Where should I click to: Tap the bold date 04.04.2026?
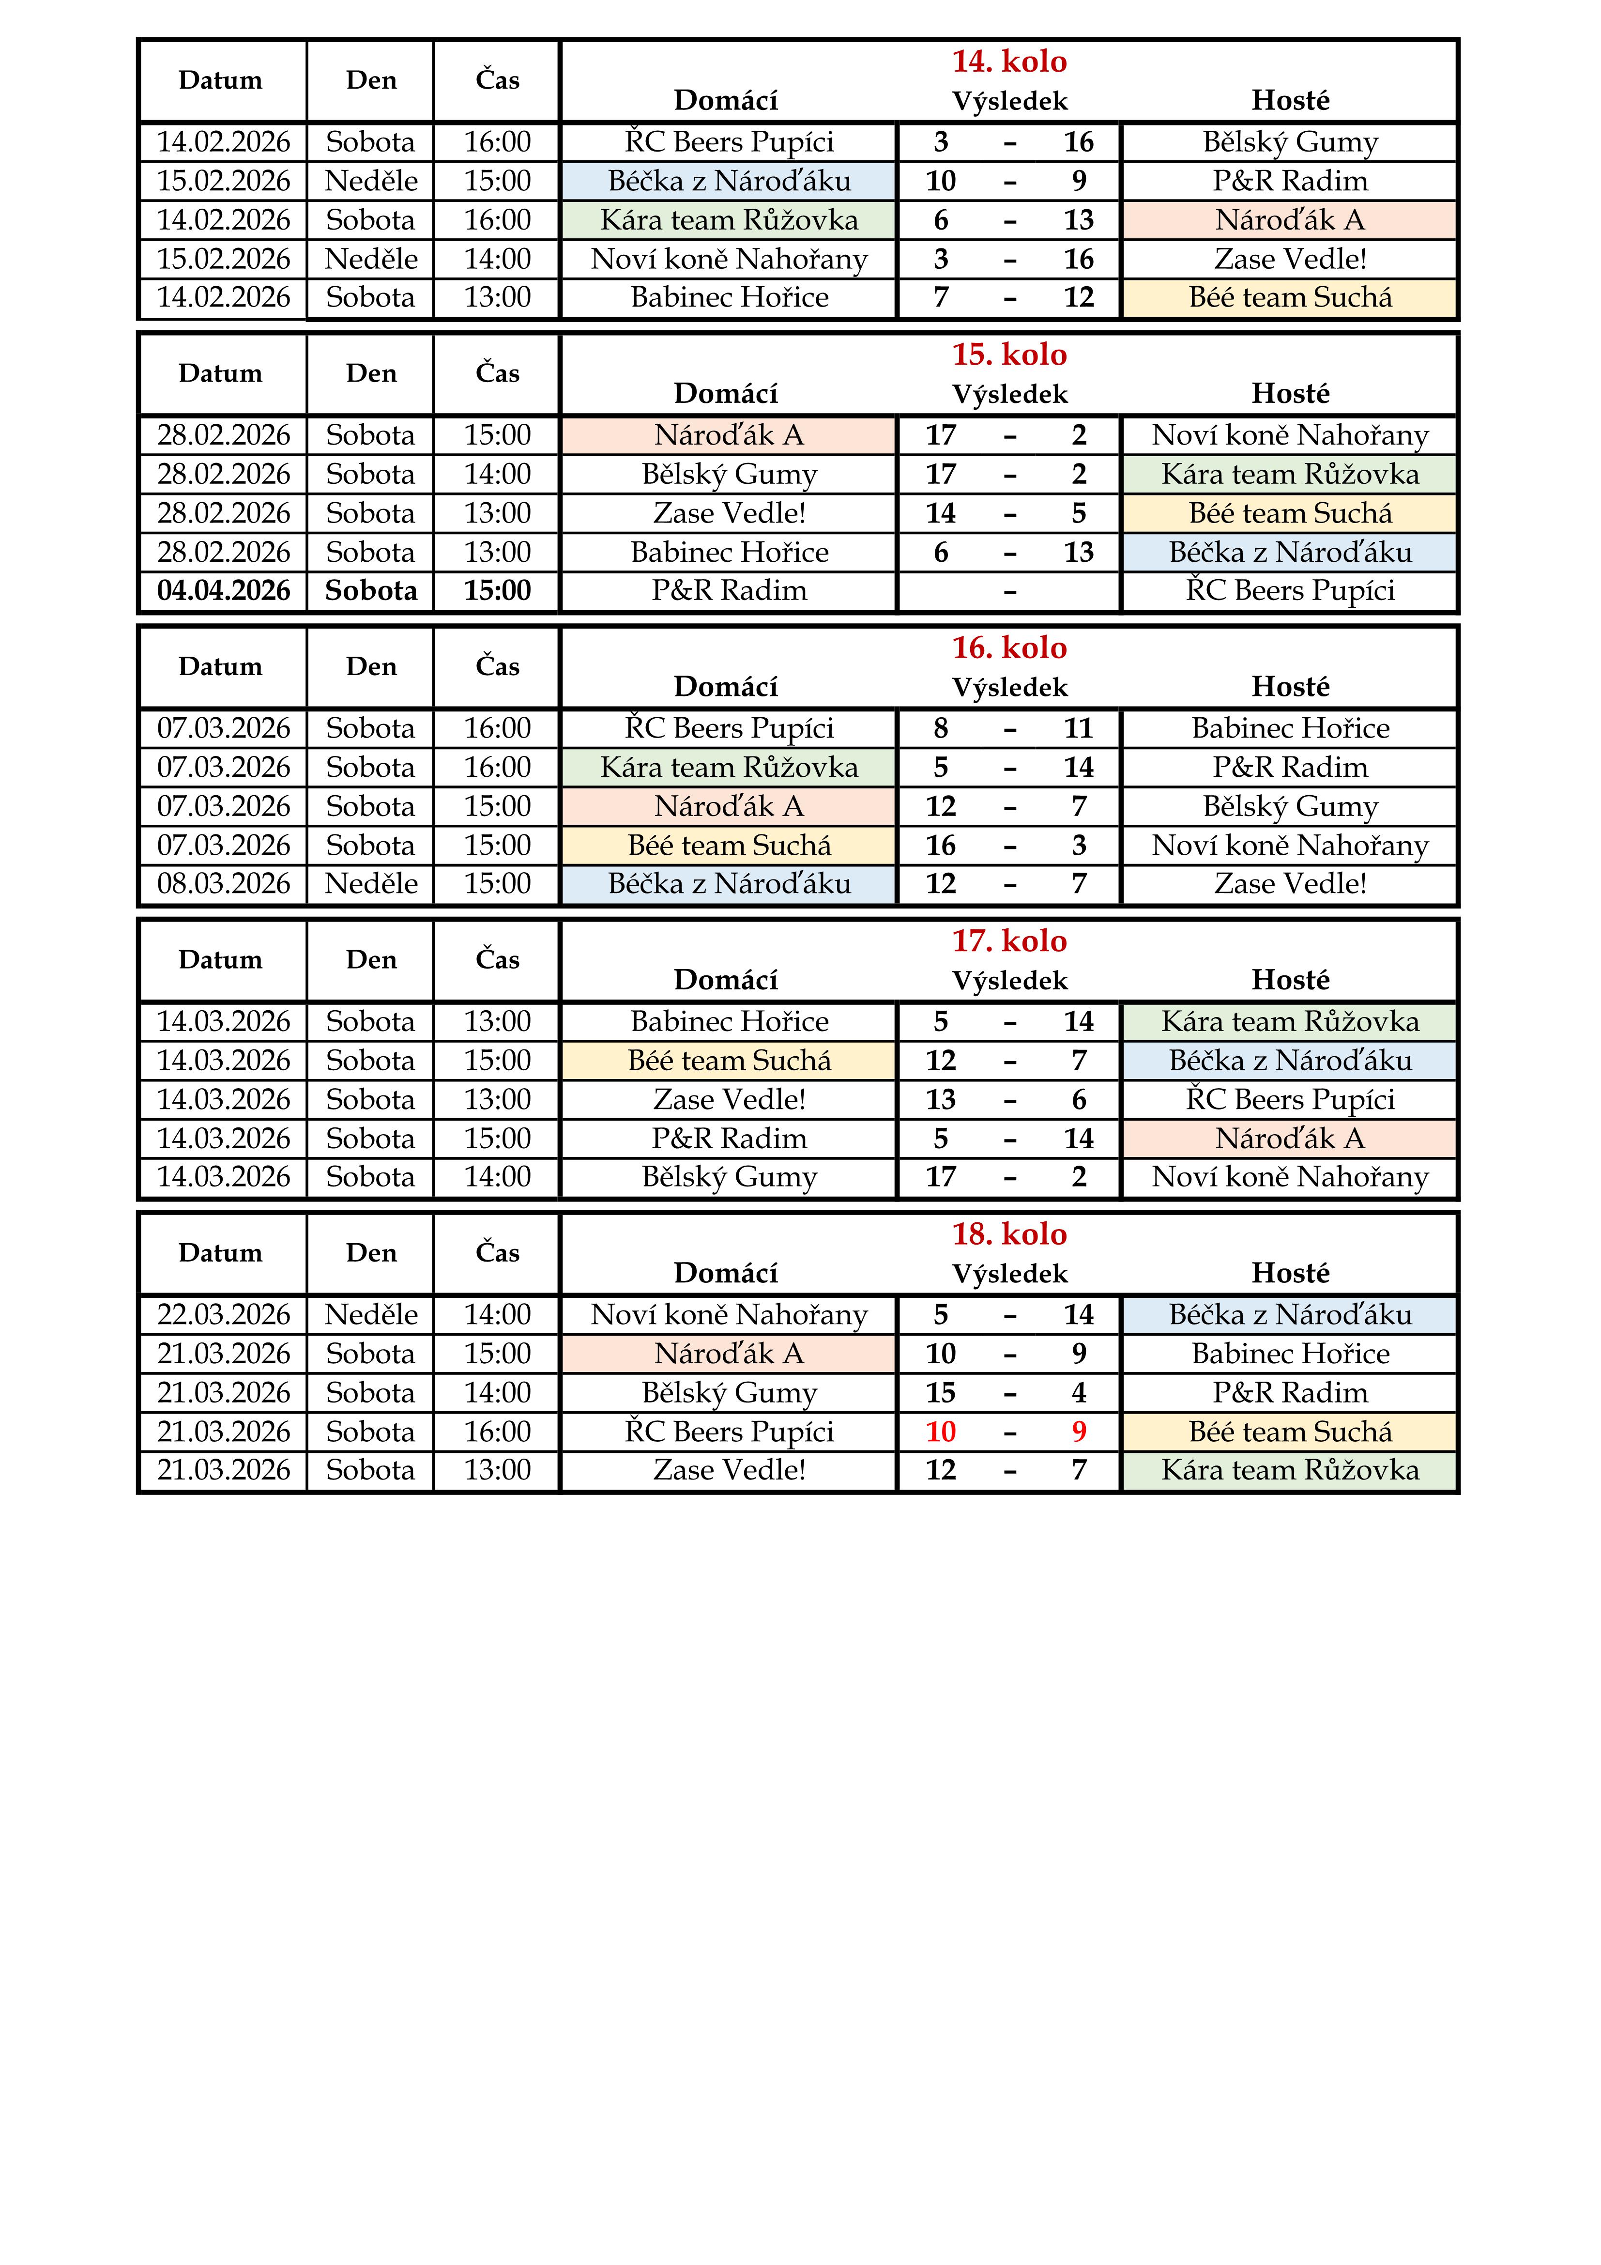pyautogui.click(x=224, y=591)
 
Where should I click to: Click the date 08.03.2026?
pyautogui.click(x=224, y=884)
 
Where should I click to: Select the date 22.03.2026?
pyautogui.click(x=224, y=1315)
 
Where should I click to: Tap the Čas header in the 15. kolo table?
pyautogui.click(x=497, y=374)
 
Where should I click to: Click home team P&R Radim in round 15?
pyautogui.click(x=729, y=591)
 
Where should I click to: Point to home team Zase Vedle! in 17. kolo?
pyautogui.click(x=729, y=1100)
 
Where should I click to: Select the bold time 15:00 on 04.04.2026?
pyautogui.click(x=497, y=591)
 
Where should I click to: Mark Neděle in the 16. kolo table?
pyautogui.click(x=371, y=884)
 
